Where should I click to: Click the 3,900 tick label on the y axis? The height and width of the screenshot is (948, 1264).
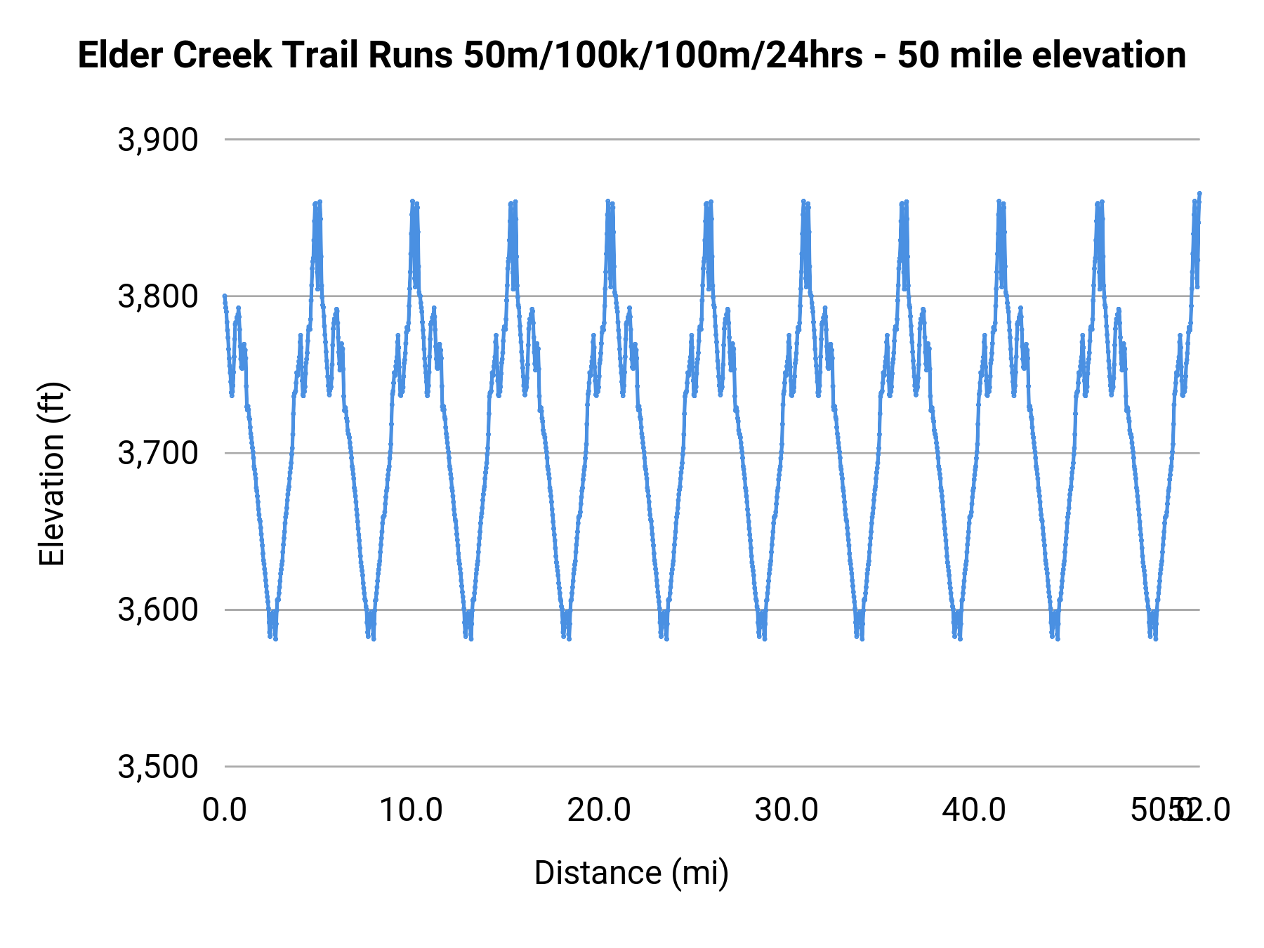(158, 140)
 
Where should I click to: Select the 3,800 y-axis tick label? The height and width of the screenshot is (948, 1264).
(158, 297)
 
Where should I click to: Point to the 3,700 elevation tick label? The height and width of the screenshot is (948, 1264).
(158, 454)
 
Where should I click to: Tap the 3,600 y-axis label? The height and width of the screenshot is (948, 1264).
(158, 610)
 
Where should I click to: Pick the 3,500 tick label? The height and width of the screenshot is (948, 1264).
(158, 767)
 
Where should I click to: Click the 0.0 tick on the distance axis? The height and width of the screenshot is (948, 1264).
(225, 810)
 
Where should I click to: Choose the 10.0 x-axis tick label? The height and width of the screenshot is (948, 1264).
(412, 810)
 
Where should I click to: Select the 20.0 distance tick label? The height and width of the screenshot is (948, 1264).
(599, 810)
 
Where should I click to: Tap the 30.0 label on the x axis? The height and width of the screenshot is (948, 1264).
(786, 810)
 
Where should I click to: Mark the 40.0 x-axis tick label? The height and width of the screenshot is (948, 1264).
(974, 810)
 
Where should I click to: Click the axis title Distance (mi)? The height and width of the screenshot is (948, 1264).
(631, 873)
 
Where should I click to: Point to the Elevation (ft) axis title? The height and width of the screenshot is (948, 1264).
(52, 474)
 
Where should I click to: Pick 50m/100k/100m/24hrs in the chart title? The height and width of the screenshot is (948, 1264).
(663, 55)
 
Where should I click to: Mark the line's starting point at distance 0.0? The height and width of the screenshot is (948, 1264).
(225, 296)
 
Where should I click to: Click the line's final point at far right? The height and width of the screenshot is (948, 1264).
(1199, 193)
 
